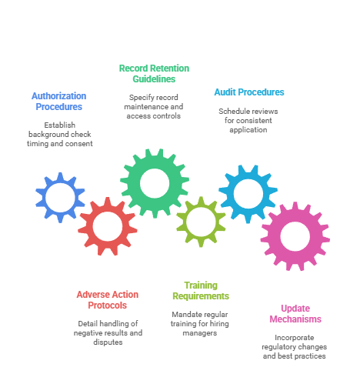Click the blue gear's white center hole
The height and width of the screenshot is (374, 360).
pos(60,198)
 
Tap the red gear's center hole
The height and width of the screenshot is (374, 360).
pos(108,226)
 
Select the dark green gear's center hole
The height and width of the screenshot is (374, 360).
pos(155,183)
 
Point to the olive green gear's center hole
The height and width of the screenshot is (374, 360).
pos(201,222)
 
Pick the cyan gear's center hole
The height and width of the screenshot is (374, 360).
pos(248,194)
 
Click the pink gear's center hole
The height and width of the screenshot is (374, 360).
pos(295,236)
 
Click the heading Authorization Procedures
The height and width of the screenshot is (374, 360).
pos(59,102)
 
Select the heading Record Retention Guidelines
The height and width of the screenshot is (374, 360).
pos(154,74)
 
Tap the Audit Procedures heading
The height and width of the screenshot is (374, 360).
pos(249,92)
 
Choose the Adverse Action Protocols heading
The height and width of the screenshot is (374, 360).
pos(108,300)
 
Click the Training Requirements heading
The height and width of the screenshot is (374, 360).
pos(201,291)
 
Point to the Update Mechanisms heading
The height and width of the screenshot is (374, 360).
pos(295,314)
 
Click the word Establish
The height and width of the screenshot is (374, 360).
pos(60,125)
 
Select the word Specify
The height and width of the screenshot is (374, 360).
pos(139,98)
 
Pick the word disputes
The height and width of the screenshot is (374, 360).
pos(108,342)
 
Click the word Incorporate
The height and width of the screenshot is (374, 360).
pos(295,338)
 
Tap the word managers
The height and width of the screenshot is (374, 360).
pos(200,333)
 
